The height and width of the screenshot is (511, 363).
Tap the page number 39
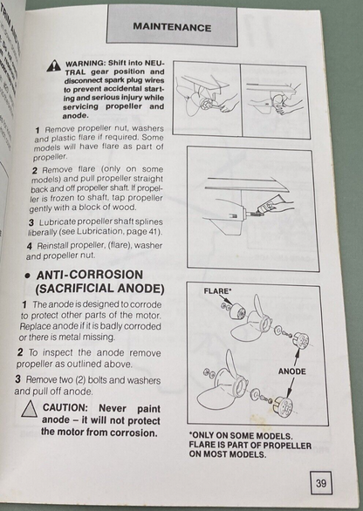[322, 483]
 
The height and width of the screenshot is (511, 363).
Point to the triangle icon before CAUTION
[29, 407]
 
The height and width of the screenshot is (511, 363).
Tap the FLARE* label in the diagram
[217, 290]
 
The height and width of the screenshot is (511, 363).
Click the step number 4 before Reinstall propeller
[29, 245]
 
